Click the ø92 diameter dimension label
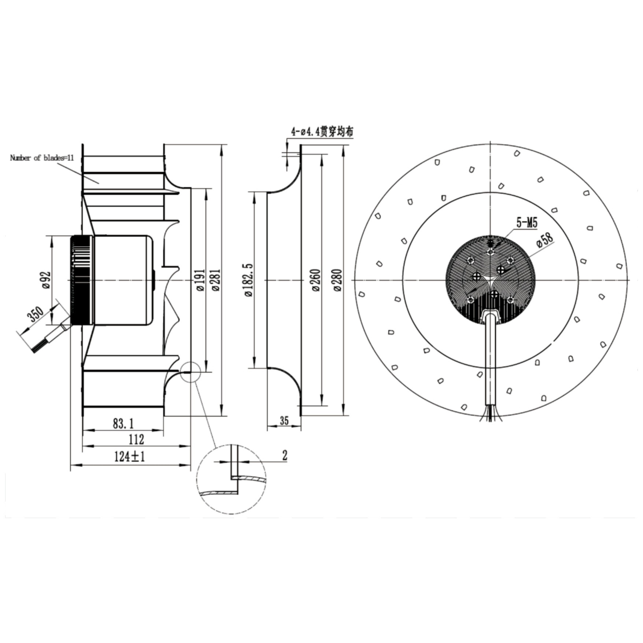pos(47,280)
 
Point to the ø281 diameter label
pos(216,280)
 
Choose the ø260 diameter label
pos(316,280)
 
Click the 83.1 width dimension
pos(123,424)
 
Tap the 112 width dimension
pos(136,439)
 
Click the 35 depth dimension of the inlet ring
pos(284,421)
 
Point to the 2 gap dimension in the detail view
pos(285,456)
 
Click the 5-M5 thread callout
pos(527,222)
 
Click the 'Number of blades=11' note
pos(42,158)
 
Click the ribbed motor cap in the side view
pos(81,280)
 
